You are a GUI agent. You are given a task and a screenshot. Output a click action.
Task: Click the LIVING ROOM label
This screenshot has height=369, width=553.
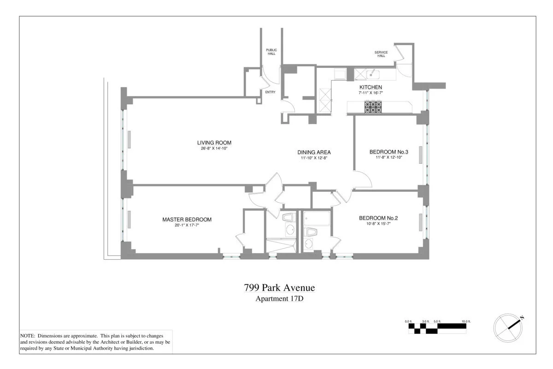pyautogui.click(x=214, y=143)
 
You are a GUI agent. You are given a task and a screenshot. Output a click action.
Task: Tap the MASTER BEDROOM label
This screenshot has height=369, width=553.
pyautogui.click(x=187, y=220)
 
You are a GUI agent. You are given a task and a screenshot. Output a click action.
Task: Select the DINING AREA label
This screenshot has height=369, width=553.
pyautogui.click(x=314, y=152)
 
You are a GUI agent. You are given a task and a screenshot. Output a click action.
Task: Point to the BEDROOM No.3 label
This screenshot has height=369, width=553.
pyautogui.click(x=389, y=152)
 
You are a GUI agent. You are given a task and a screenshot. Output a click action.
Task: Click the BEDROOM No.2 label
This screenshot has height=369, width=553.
pyautogui.click(x=378, y=218)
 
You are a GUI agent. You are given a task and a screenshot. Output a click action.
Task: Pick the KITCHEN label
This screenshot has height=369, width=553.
pyautogui.click(x=371, y=87)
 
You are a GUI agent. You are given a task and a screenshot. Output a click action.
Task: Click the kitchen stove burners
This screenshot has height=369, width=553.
pyautogui.click(x=373, y=107)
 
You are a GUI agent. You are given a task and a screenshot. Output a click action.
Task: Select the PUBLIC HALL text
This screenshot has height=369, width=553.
pyautogui.click(x=271, y=52)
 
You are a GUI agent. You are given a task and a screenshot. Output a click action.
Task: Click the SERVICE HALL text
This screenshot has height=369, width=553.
pyautogui.click(x=381, y=54)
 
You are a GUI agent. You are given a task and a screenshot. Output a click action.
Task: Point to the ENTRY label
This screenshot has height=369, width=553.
pyautogui.click(x=271, y=92)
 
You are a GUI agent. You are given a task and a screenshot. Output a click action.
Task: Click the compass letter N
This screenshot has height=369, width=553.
pyautogui.click(x=522, y=318)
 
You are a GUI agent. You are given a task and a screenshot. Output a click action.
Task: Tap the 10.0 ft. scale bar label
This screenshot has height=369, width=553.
pyautogui.click(x=466, y=321)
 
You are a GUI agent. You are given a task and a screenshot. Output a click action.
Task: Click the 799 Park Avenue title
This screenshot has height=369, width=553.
pyautogui.click(x=279, y=288)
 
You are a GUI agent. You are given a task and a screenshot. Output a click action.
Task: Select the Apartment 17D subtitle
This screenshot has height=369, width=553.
pyautogui.click(x=279, y=298)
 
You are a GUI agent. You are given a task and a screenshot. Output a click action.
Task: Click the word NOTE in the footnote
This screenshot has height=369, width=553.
pyautogui.click(x=27, y=336)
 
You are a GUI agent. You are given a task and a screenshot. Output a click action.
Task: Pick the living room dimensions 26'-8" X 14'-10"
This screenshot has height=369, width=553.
pyautogui.click(x=214, y=149)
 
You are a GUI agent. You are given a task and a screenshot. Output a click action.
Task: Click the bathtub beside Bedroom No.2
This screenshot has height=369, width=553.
pyautogui.click(x=317, y=218)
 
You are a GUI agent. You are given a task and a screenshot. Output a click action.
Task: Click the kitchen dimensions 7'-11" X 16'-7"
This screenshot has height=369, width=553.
pyautogui.click(x=371, y=93)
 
